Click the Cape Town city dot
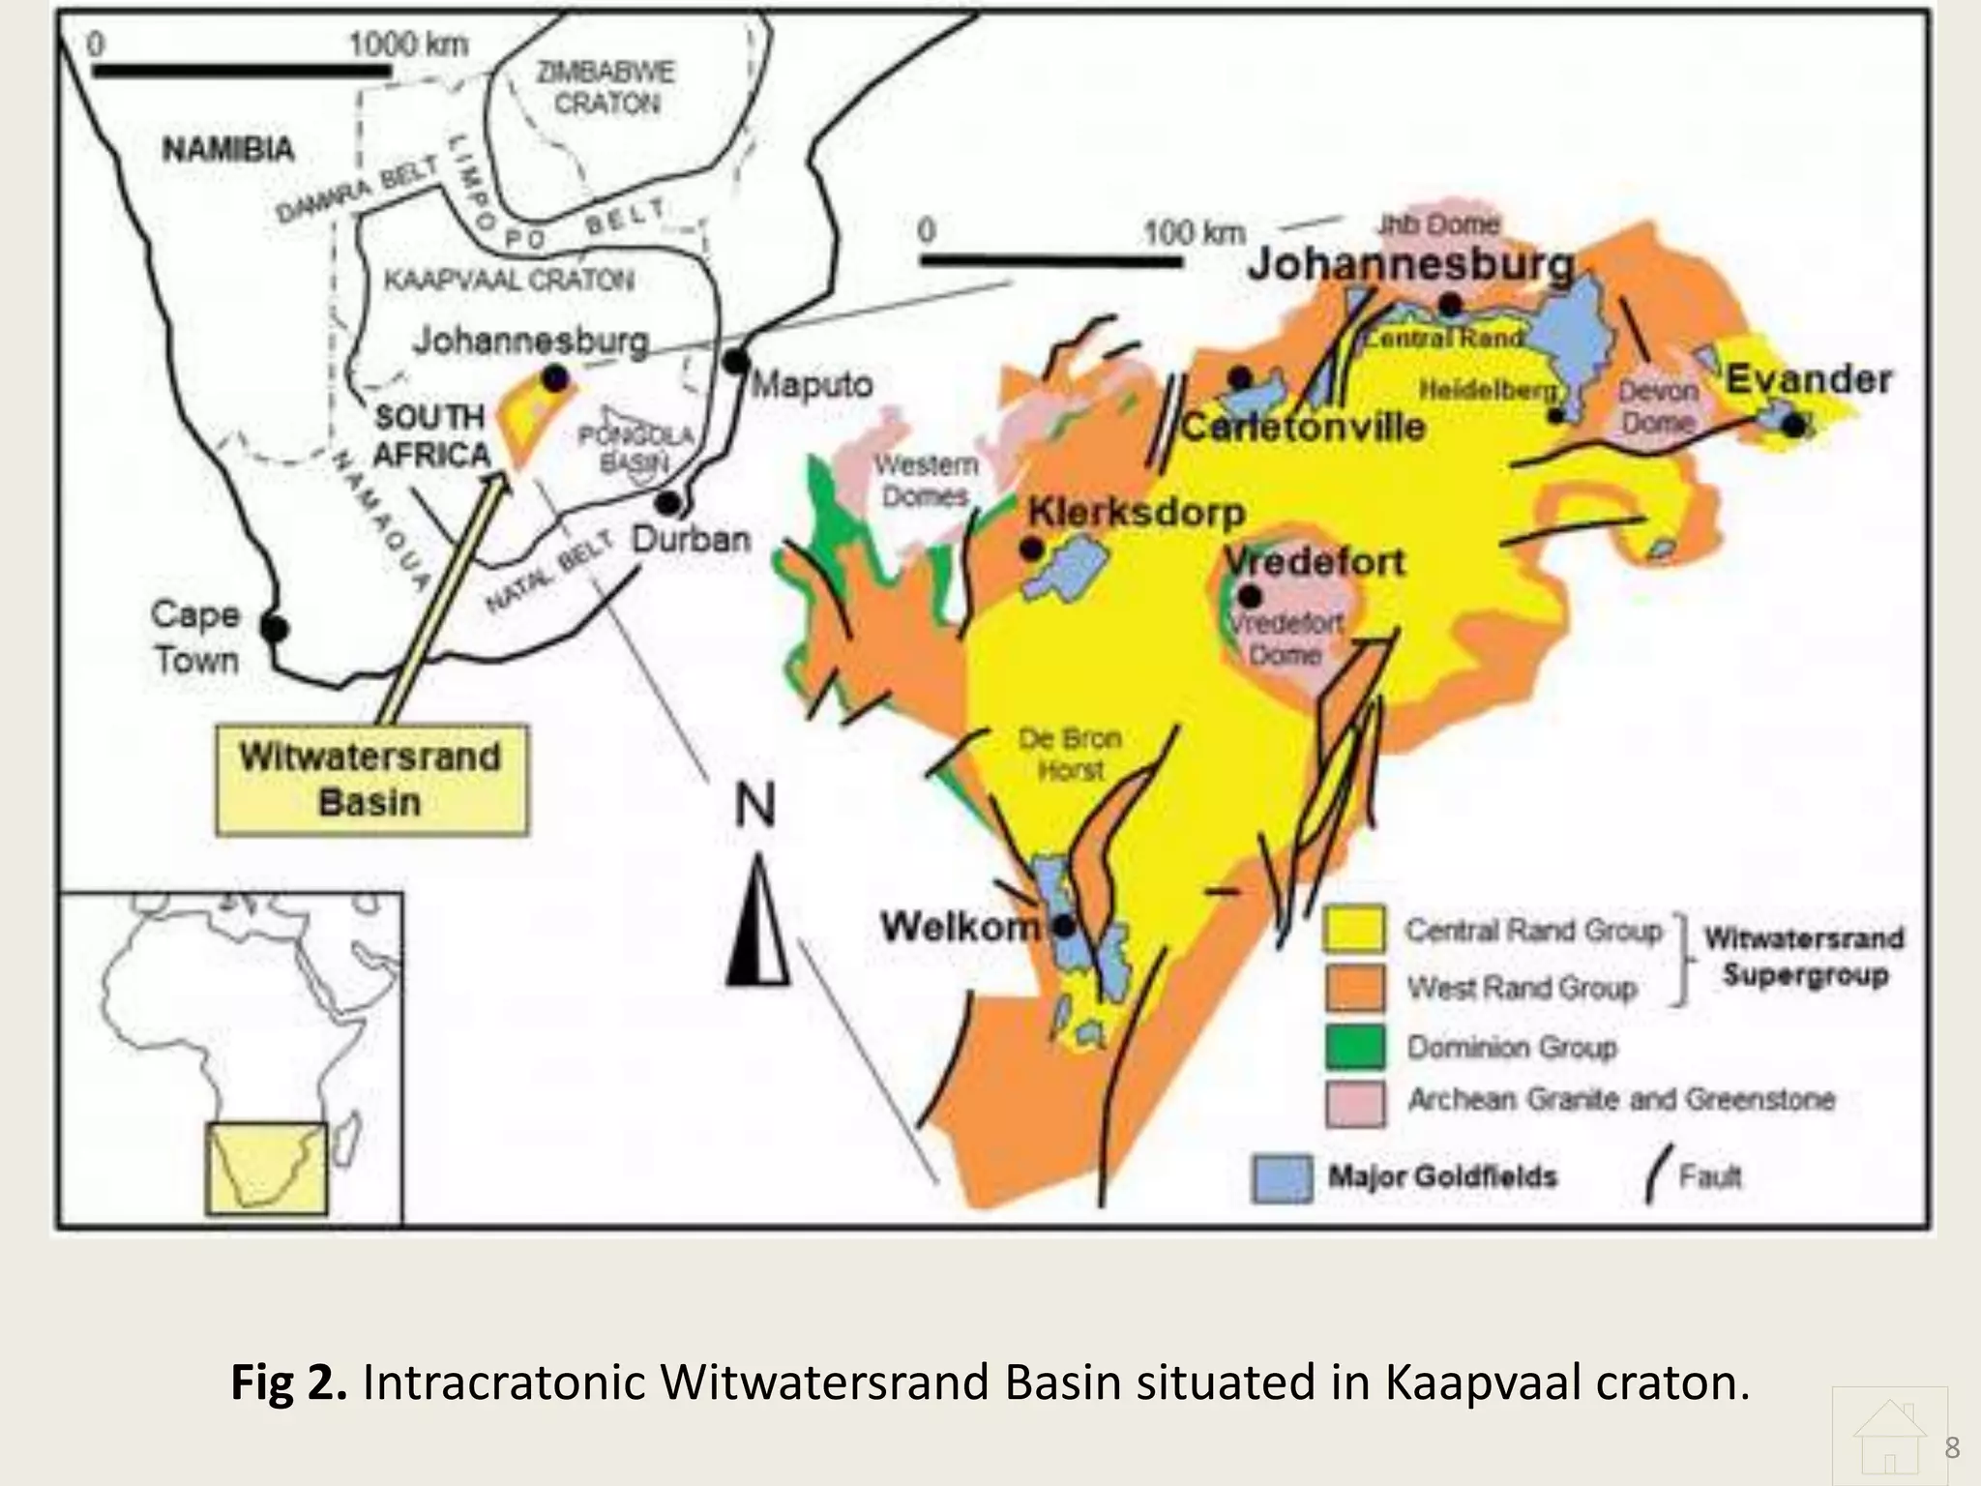tap(275, 629)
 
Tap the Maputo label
tap(813, 385)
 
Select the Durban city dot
tap(667, 503)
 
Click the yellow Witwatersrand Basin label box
tap(371, 780)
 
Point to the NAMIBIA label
tap(228, 150)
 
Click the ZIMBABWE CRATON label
tap(606, 87)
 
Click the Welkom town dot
tap(1064, 927)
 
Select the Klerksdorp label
tap(1137, 512)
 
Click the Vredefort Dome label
tap(1286, 639)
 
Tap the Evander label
tap(1809, 379)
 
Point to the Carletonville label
tap(1303, 427)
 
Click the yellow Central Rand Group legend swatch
tap(1354, 930)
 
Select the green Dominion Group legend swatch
tap(1354, 1047)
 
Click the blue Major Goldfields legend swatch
tap(1283, 1177)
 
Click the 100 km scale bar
tap(1050, 260)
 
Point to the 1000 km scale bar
tap(242, 71)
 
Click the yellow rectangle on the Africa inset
tap(267, 1168)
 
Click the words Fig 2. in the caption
tap(288, 1382)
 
